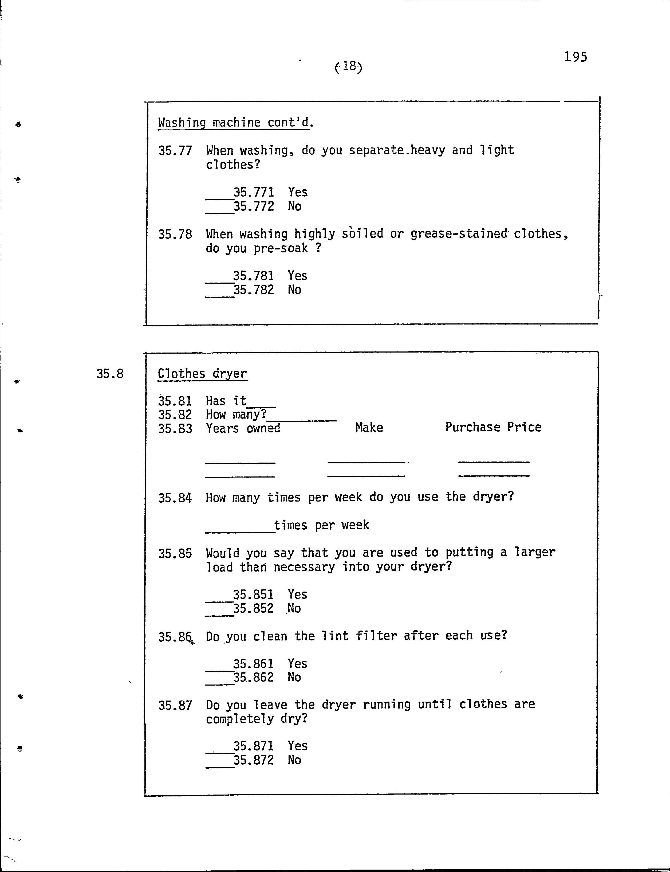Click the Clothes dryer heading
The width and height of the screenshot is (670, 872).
click(202, 374)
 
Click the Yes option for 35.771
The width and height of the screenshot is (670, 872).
click(298, 192)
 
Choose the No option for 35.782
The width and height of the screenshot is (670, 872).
click(294, 290)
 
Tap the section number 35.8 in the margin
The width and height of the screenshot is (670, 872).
click(110, 374)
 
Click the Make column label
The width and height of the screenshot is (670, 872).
click(369, 427)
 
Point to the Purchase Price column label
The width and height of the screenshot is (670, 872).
click(493, 427)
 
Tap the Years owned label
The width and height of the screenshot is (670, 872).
click(243, 428)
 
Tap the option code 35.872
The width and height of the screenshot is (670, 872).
click(253, 760)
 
